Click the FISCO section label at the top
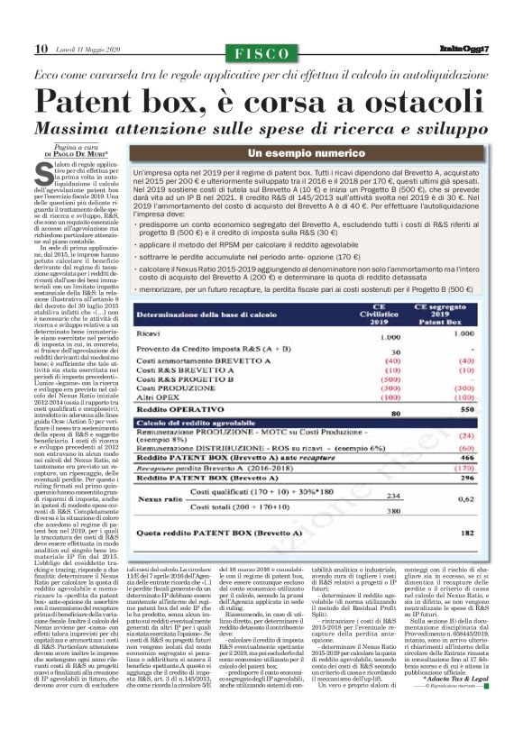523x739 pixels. pyautogui.click(x=261, y=53)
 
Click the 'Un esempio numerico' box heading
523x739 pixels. pyautogui.click(x=293, y=153)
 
